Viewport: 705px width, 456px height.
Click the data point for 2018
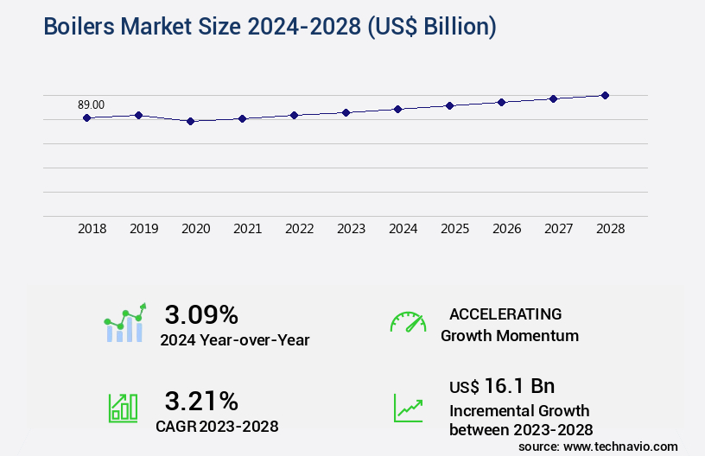click(86, 117)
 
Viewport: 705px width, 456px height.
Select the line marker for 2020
click(190, 121)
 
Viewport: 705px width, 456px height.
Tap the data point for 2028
click(605, 95)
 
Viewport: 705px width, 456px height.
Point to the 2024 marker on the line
click(397, 109)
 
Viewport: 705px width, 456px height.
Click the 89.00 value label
click(91, 104)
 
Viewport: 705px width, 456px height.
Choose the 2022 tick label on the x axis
click(299, 229)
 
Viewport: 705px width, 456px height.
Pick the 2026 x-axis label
click(506, 229)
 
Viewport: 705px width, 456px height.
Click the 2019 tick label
click(143, 229)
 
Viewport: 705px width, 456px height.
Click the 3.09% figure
click(201, 313)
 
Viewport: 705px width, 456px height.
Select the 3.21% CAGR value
click(201, 400)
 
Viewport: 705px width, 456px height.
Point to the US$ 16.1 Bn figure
click(502, 386)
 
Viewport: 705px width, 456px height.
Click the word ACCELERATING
click(505, 313)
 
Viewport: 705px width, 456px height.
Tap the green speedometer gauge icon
click(408, 321)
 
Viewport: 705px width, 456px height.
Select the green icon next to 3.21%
click(123, 408)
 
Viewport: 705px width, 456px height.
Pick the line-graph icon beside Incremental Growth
click(408, 408)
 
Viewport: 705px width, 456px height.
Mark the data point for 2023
click(346, 112)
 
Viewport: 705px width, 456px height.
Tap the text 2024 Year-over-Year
click(234, 339)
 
